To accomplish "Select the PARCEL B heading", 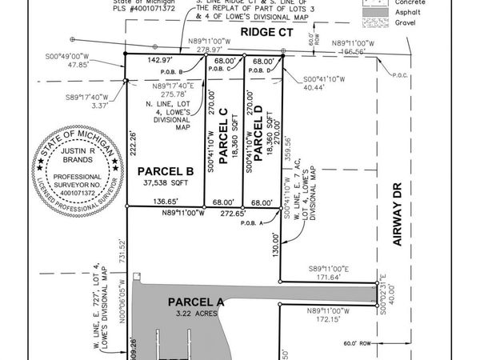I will point(166,171).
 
